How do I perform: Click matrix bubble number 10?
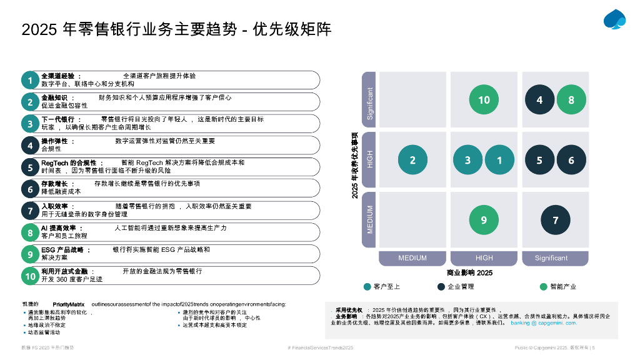point(484,100)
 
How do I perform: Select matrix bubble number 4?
point(539,100)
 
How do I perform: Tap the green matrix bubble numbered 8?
point(571,100)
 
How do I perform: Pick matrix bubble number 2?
point(412,160)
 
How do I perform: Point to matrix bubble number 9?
point(484,220)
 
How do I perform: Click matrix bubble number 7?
point(555,220)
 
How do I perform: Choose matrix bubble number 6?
point(571,160)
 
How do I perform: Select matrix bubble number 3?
point(468,160)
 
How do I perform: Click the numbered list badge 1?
point(30,80)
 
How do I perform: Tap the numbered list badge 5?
point(30,167)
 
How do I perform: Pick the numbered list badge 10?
point(30,276)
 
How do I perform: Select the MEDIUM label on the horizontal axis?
point(412,258)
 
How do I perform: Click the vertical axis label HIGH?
point(370,160)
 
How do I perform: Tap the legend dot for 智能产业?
point(544,287)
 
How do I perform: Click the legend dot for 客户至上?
point(367,287)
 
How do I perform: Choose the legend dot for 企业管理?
point(441,287)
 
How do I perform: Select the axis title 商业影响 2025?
point(469,272)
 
